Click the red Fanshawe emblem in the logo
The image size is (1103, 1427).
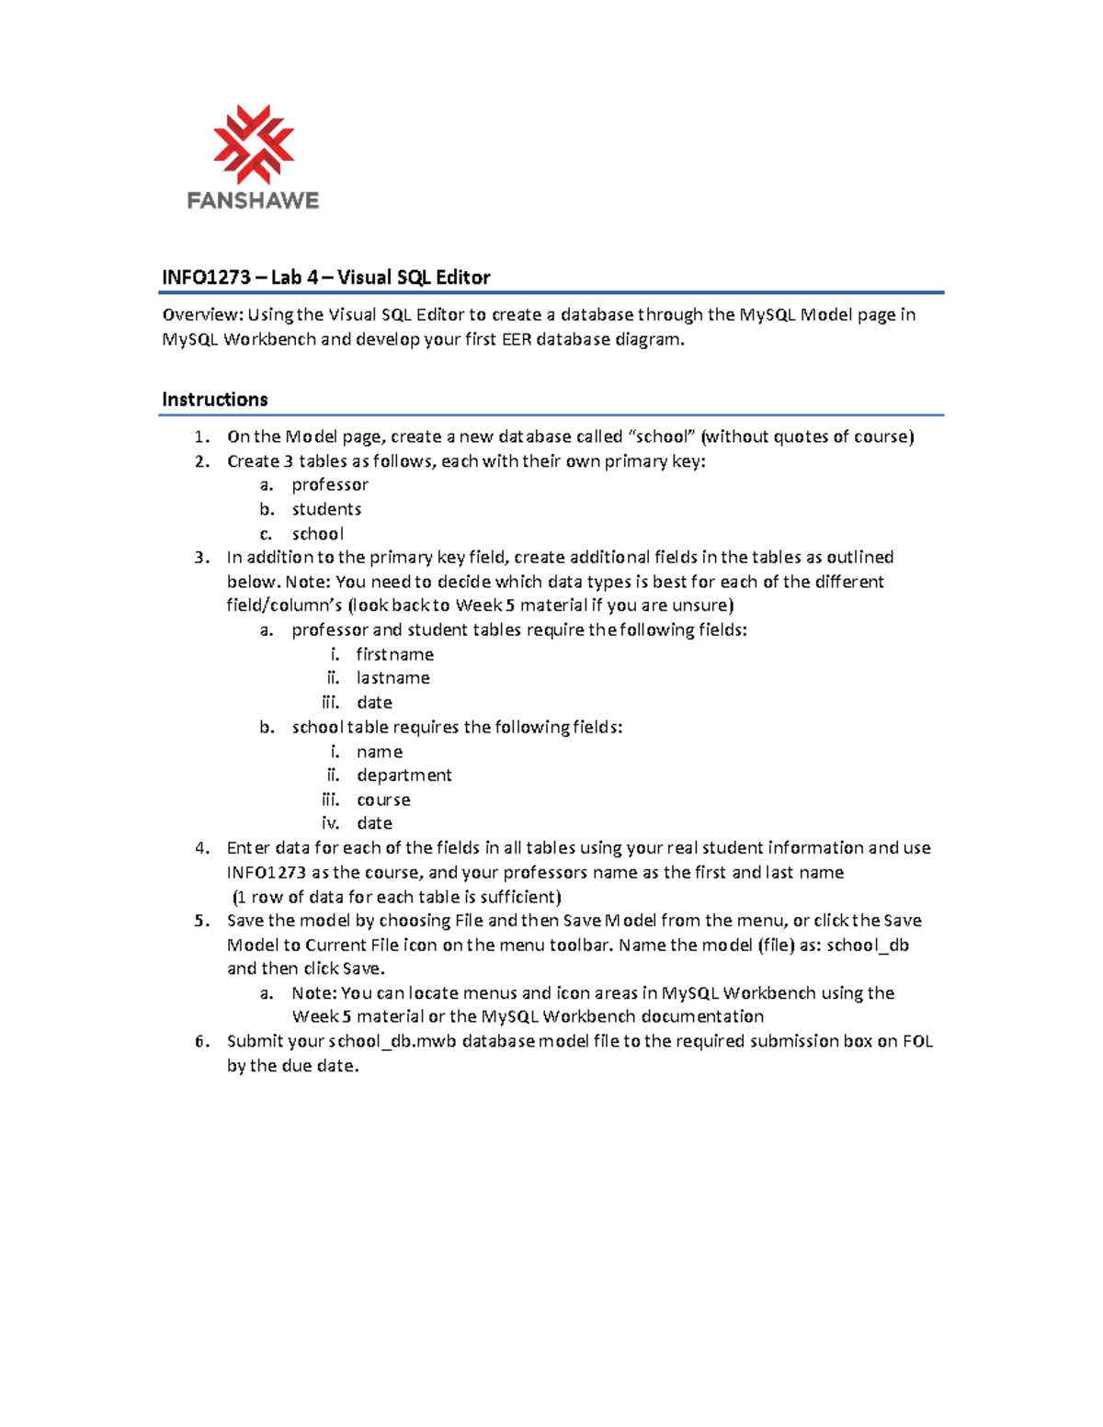point(253,144)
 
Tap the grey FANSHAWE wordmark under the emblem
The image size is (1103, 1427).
point(253,200)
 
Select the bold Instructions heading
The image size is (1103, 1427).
point(215,400)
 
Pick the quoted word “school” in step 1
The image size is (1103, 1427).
point(662,437)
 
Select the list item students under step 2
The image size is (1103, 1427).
point(326,510)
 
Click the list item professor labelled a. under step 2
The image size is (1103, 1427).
point(330,485)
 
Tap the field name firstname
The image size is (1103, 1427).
point(394,655)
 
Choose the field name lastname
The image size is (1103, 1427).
point(392,678)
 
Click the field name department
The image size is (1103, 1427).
point(404,776)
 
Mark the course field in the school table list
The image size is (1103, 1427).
point(383,800)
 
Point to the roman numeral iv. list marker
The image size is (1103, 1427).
point(331,824)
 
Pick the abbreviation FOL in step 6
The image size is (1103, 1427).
point(917,1042)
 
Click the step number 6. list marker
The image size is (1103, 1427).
point(202,1042)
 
